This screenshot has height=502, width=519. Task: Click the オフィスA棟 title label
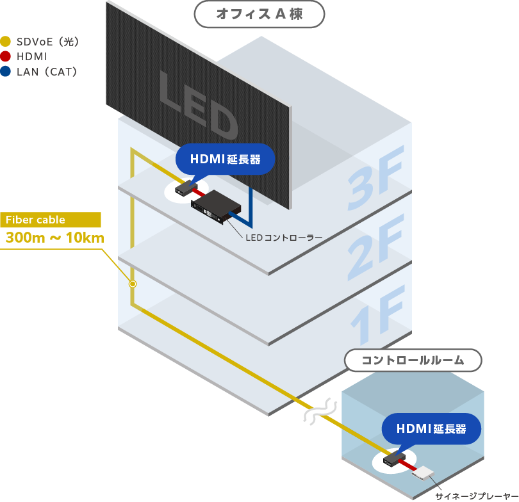point(259,14)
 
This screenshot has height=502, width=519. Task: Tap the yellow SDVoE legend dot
point(6,42)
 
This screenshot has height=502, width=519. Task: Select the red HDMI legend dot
point(6,57)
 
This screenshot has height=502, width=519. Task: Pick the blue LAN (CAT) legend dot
point(6,72)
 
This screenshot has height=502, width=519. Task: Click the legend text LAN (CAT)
point(46,72)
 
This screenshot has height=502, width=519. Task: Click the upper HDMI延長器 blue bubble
point(225,159)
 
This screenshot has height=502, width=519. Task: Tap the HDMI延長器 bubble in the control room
point(431,428)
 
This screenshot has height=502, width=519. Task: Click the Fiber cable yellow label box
point(51,220)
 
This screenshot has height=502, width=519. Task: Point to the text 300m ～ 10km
point(54,238)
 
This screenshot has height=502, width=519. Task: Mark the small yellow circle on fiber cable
point(133,283)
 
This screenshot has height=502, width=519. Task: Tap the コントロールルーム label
point(413,360)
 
